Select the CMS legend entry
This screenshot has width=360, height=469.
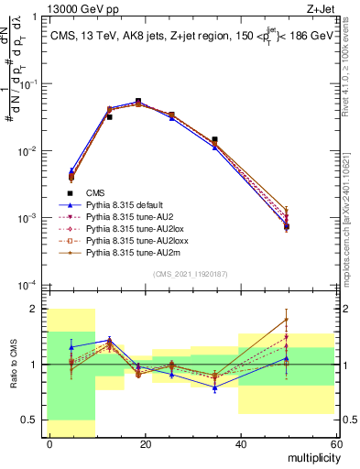click(x=95, y=192)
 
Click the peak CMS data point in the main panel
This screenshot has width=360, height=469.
click(x=138, y=102)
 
